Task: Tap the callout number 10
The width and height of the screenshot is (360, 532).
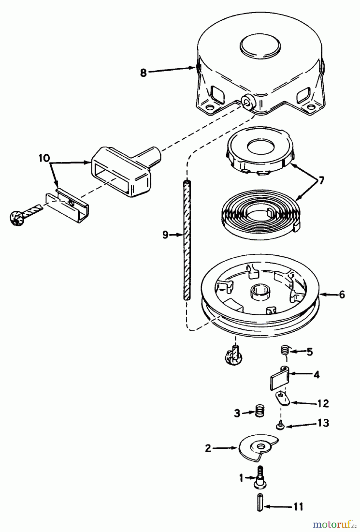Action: [x=44, y=158]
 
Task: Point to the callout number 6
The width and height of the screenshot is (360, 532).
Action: [x=342, y=294]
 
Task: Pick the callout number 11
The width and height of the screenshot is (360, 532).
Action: [x=298, y=507]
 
